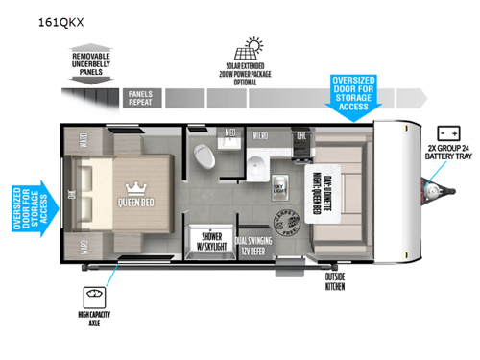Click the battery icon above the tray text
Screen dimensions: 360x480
446,132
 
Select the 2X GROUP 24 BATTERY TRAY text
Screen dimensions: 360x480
446,155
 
